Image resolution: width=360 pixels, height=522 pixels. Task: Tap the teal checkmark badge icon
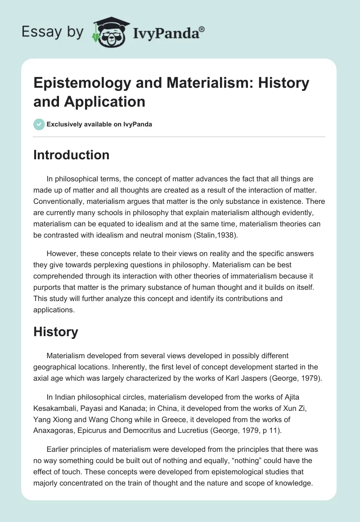pyautogui.click(x=39, y=124)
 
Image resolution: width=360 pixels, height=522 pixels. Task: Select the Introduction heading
pyautogui.click(x=71, y=155)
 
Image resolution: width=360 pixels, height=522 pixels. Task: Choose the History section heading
pyautogui.click(x=56, y=332)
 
